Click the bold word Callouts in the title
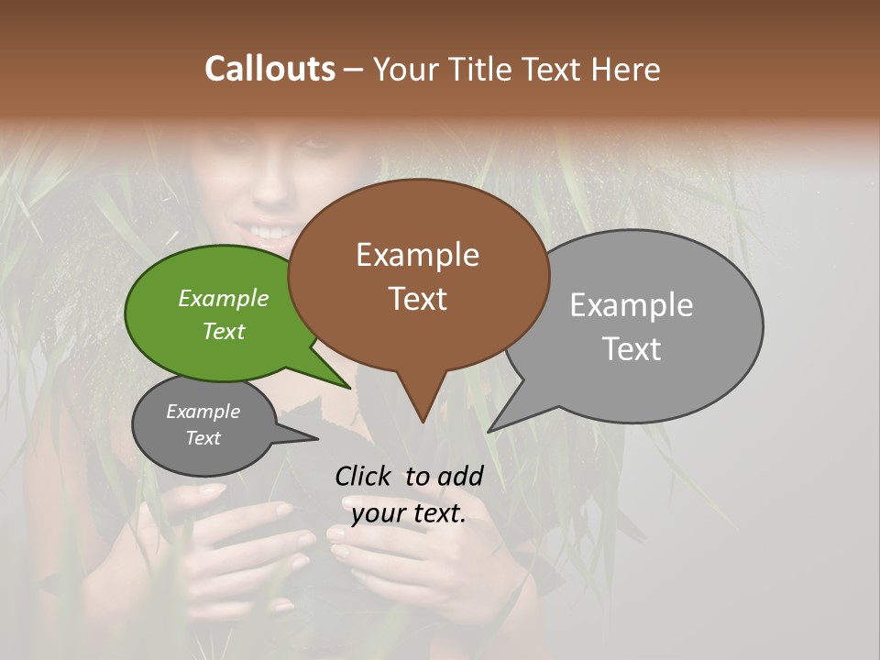[269, 69]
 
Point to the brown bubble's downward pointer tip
[422, 421]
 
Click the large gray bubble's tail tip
[489, 430]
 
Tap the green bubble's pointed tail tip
[349, 387]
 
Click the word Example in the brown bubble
[417, 255]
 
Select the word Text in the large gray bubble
[632, 349]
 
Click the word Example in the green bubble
[224, 298]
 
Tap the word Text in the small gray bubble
[203, 438]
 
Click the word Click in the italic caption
[364, 476]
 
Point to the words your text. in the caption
[409, 513]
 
